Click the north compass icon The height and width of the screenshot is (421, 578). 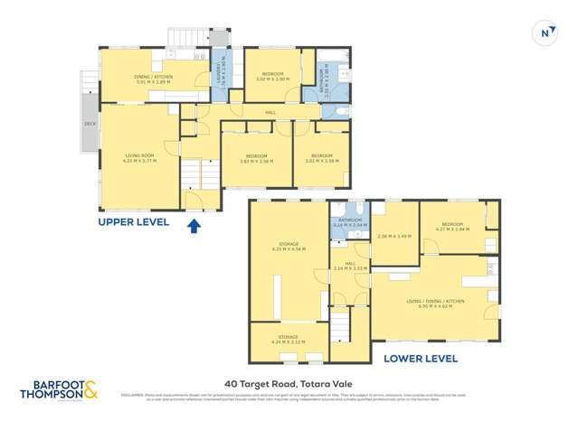pos(545,33)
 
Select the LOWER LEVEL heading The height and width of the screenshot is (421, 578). pos(420,358)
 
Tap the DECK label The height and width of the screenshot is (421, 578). pos(90,124)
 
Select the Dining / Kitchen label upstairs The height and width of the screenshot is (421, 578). pos(152,79)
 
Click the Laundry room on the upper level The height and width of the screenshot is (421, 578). pos(217,80)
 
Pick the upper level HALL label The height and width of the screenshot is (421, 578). pos(270,112)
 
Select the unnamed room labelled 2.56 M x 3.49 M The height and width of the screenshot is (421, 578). pos(393,236)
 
